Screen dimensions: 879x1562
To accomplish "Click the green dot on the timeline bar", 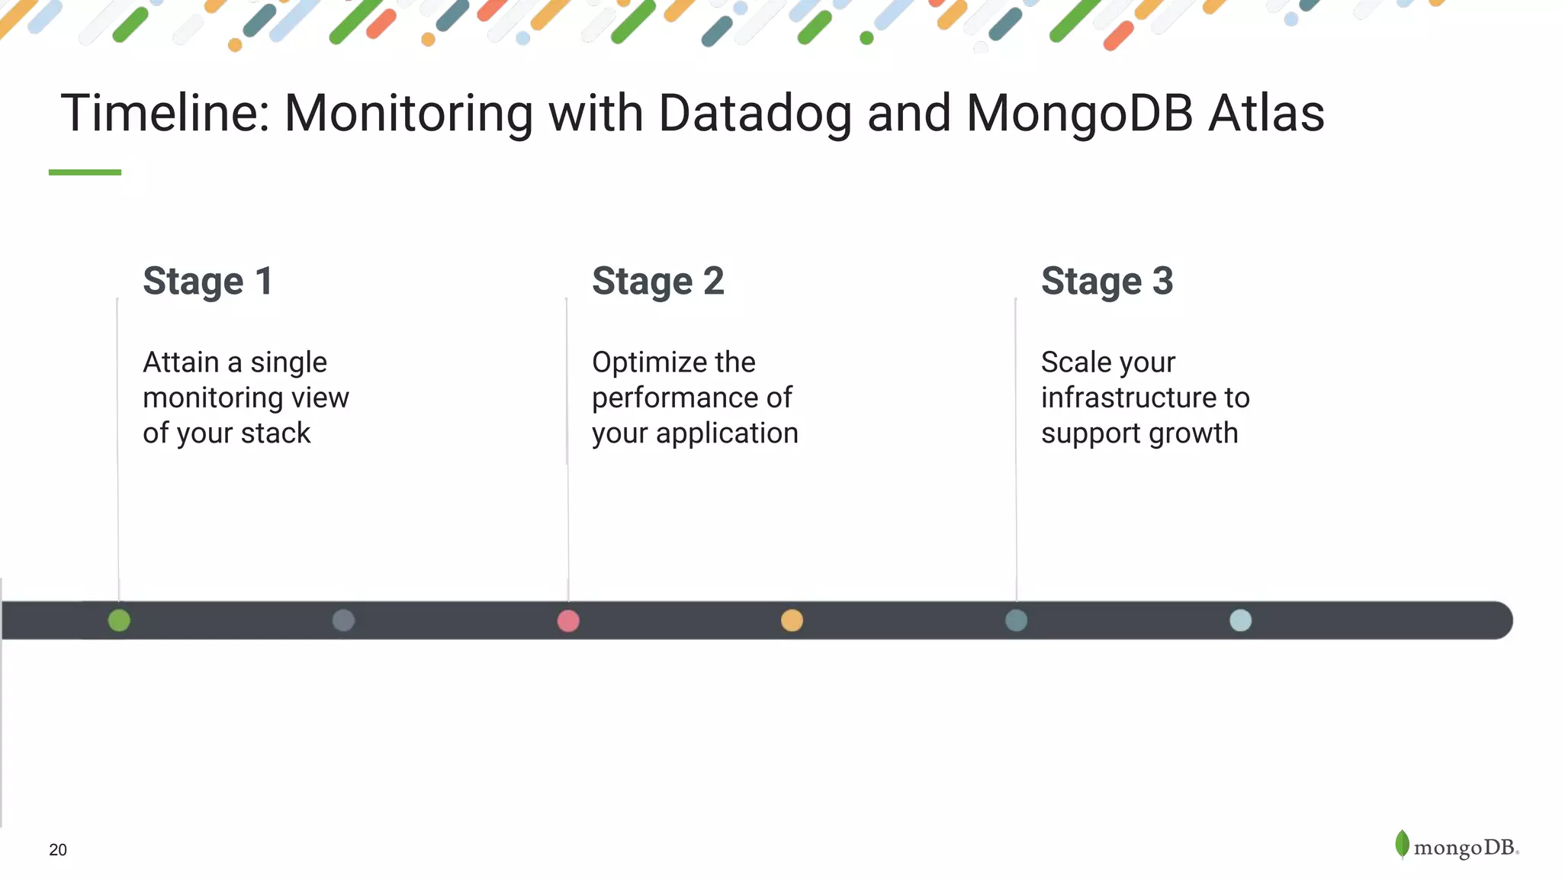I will click(x=119, y=620).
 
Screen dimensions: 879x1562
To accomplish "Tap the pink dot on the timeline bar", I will click(x=568, y=620).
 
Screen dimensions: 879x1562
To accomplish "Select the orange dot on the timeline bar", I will click(x=792, y=620).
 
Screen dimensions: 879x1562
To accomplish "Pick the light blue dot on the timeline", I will click(x=1240, y=620).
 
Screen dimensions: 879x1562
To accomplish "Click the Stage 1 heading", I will click(x=207, y=281).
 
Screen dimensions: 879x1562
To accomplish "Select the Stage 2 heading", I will click(x=657, y=281).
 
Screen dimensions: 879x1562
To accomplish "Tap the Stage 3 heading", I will click(x=1107, y=281).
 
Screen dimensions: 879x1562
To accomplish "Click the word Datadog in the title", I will click(x=754, y=113).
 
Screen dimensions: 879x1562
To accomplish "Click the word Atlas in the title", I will click(x=1266, y=113).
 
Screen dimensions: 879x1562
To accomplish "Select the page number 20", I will click(x=58, y=850).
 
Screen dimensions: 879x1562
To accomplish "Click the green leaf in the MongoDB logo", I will click(x=1402, y=844).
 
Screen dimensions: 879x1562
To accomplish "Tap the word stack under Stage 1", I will click(x=275, y=433).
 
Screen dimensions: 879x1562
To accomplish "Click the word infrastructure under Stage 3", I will click(x=1129, y=398).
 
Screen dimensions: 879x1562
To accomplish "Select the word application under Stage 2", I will click(x=726, y=433).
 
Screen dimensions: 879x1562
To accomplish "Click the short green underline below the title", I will click(x=85, y=172).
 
